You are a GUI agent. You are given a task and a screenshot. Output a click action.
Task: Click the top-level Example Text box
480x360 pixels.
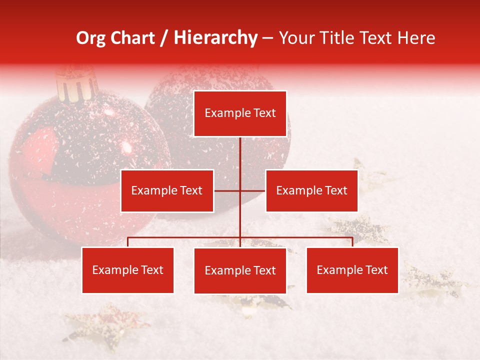click(x=240, y=113)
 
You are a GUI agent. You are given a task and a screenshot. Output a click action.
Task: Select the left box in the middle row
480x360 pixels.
click(x=167, y=190)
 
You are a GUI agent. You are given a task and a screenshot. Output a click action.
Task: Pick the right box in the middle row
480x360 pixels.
click(x=311, y=190)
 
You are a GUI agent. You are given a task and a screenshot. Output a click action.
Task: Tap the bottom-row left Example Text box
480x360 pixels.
click(x=128, y=270)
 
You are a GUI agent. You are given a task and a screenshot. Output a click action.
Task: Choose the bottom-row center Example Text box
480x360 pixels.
click(x=240, y=270)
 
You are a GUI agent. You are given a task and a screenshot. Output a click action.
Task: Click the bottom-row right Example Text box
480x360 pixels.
click(x=352, y=270)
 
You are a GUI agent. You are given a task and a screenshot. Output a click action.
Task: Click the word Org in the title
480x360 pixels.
click(x=90, y=38)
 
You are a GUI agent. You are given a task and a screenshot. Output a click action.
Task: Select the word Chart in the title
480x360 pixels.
click(x=132, y=38)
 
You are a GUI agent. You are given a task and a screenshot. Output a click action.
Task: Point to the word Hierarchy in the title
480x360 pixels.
click(x=215, y=38)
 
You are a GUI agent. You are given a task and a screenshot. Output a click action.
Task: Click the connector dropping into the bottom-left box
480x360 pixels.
click(x=128, y=242)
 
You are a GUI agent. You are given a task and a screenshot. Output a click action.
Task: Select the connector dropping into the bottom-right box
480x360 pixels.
click(x=352, y=242)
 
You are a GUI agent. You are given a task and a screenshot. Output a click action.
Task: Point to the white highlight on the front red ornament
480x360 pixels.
click(x=126, y=147)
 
